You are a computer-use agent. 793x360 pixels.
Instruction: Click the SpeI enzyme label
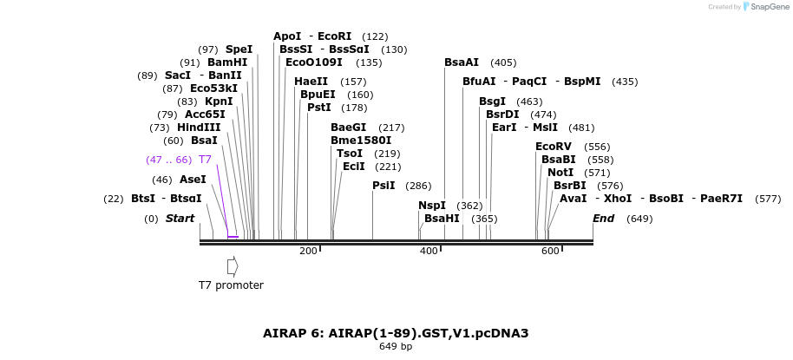tap(239, 49)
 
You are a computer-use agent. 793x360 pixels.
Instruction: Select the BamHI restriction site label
tap(227, 62)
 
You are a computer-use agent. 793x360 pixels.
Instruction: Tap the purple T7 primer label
tap(205, 160)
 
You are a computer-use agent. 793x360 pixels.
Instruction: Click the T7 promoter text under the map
tap(231, 285)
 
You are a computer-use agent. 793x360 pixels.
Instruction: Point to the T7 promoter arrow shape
tap(233, 266)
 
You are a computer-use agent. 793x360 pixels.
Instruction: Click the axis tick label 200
tap(308, 252)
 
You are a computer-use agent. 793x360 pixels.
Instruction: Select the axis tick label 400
tap(429, 252)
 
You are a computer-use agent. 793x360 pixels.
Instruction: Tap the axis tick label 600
tap(550, 252)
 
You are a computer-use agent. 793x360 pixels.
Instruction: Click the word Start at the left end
tap(180, 219)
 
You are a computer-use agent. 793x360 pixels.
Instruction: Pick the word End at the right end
tap(603, 219)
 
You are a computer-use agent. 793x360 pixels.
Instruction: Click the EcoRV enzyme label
tap(554, 147)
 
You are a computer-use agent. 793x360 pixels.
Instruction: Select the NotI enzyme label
tap(560, 173)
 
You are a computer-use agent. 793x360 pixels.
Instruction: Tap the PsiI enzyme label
tap(383, 186)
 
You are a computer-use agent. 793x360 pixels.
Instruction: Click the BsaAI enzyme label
tap(462, 62)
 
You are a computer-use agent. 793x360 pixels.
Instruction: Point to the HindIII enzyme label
tap(199, 128)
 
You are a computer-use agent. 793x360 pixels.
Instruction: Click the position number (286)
tap(418, 186)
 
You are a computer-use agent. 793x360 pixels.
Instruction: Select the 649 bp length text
tap(396, 347)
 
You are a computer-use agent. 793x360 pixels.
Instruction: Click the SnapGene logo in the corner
tap(764, 7)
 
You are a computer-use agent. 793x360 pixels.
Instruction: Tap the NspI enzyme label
tap(431, 206)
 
